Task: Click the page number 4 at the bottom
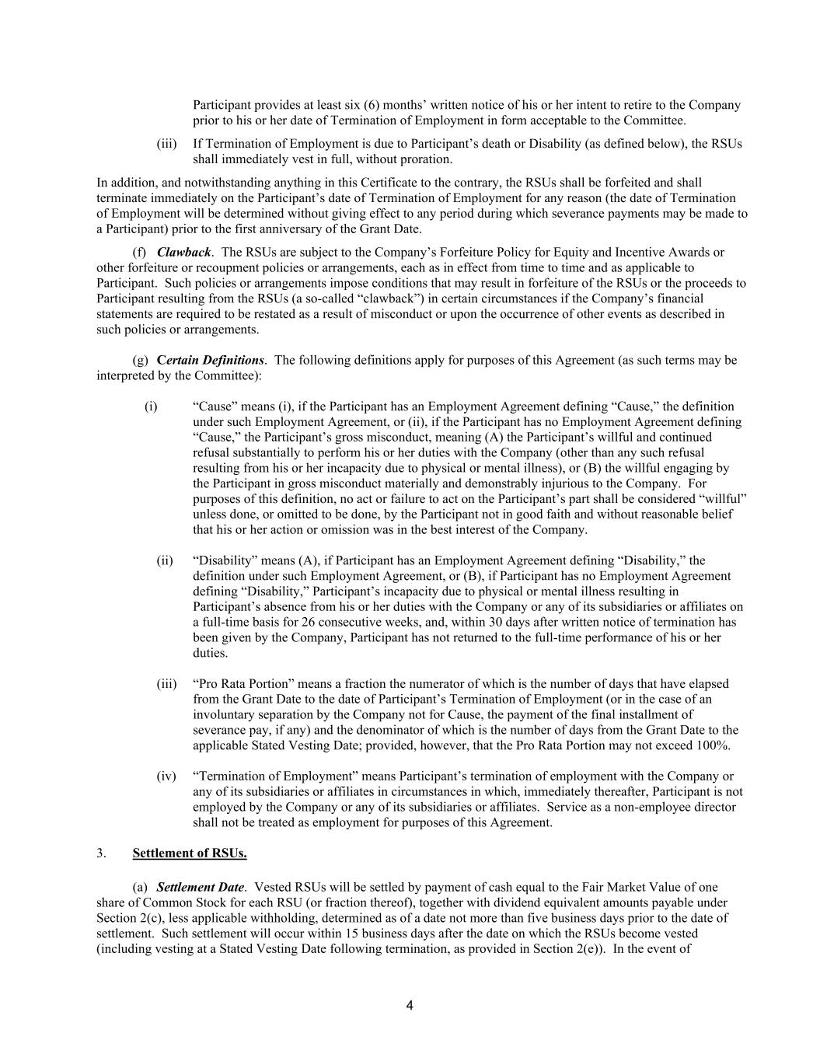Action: [410, 1006]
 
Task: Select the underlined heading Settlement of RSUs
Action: [190, 853]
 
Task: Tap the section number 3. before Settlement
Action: [102, 853]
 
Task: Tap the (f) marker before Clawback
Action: [140, 252]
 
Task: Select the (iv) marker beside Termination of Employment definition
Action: [166, 776]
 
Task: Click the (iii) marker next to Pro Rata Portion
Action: [166, 683]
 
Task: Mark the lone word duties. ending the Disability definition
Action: [210, 653]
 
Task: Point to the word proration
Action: [426, 159]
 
